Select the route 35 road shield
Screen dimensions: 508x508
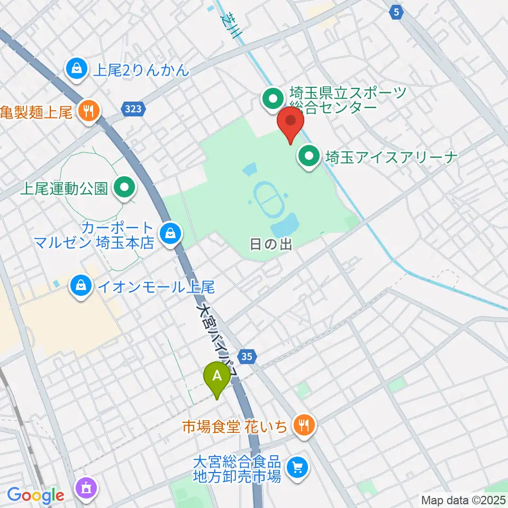246,356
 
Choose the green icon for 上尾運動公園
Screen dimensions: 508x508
124,188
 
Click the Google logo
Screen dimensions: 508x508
35,496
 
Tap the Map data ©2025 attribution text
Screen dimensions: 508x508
462,500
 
